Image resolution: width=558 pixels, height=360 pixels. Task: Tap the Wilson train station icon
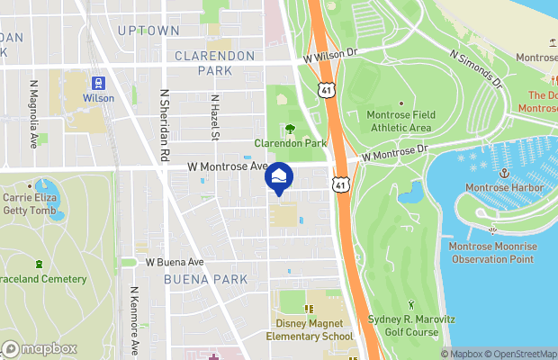99,83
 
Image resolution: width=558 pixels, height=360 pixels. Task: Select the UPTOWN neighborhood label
148,31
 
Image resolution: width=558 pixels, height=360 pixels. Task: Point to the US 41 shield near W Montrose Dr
339,184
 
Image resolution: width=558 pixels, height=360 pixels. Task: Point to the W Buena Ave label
175,262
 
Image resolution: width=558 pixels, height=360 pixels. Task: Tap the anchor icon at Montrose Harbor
504,172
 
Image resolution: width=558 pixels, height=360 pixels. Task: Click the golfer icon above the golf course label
412,306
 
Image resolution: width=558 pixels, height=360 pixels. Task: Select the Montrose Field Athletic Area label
400,121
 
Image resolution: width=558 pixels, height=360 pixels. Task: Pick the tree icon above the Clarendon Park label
290,128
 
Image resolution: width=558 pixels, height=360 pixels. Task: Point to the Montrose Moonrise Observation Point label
490,252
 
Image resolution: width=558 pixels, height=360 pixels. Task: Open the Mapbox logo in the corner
40,349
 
